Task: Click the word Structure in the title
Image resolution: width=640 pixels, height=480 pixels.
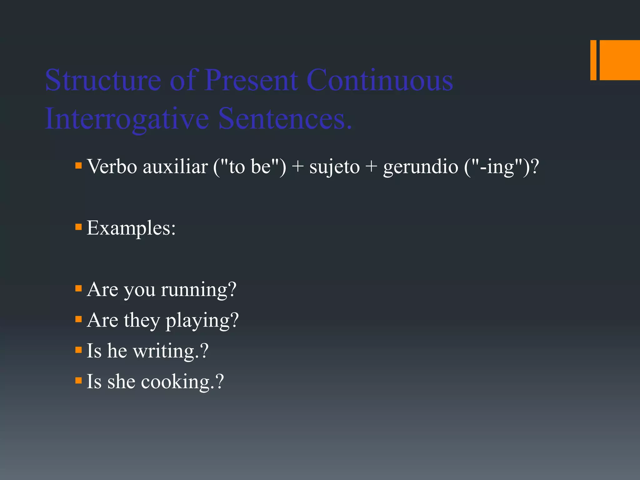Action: (103, 80)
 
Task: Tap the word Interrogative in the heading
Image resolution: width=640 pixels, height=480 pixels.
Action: (127, 119)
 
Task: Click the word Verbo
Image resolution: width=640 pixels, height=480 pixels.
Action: (112, 166)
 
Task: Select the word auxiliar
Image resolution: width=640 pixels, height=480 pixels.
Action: (175, 166)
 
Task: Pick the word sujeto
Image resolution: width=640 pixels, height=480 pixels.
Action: (334, 167)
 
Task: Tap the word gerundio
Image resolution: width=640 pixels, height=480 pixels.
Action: (421, 167)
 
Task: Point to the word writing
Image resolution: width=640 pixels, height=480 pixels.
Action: (164, 351)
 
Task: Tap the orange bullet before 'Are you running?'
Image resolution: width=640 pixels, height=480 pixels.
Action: (78, 288)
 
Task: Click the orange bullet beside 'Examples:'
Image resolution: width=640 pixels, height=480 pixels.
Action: (78, 227)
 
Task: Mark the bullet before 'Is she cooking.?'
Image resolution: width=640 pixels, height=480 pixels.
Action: (78, 380)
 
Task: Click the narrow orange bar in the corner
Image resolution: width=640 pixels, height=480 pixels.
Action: (593, 60)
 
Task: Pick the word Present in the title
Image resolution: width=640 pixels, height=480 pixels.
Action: (251, 80)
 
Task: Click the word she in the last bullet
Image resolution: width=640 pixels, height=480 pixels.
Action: (121, 382)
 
